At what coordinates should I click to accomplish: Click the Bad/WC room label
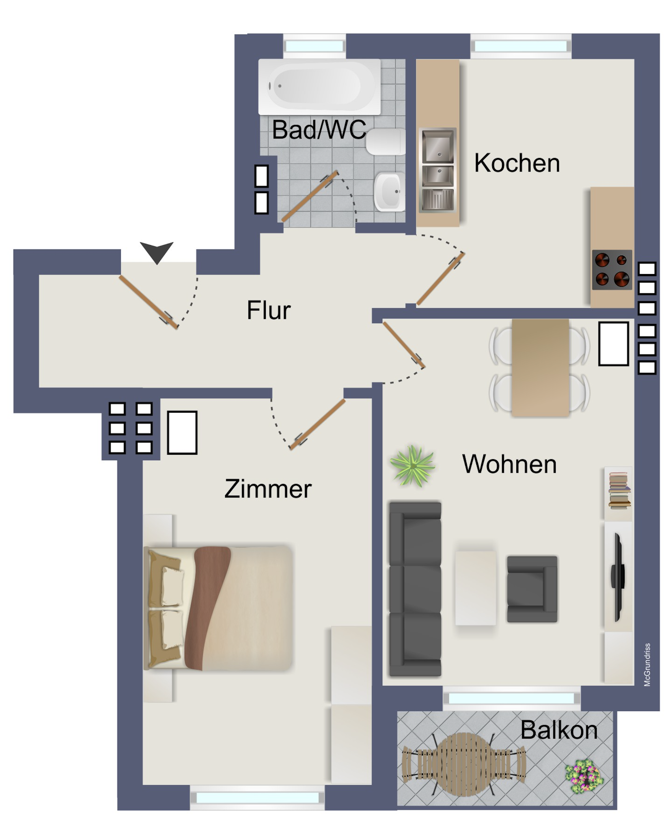pyautogui.click(x=319, y=130)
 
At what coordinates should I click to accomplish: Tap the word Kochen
pyautogui.click(x=517, y=163)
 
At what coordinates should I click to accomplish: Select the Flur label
pyautogui.click(x=268, y=310)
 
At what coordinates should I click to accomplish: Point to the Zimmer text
pyautogui.click(x=268, y=489)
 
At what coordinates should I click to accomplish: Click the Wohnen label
pyautogui.click(x=509, y=464)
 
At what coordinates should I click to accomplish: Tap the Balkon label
pyautogui.click(x=559, y=730)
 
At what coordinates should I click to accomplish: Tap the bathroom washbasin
pyautogui.click(x=389, y=192)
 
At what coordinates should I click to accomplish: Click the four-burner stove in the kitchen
pyautogui.click(x=612, y=270)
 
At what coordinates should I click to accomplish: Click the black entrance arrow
pyautogui.click(x=156, y=252)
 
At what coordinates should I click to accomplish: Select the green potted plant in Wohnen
pyautogui.click(x=412, y=466)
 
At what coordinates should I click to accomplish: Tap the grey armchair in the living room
pyautogui.click(x=532, y=589)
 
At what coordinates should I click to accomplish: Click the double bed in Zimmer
pyautogui.click(x=218, y=608)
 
